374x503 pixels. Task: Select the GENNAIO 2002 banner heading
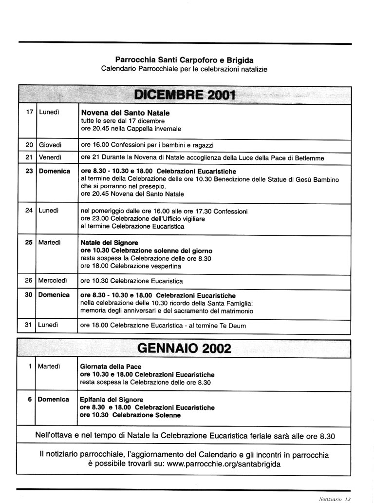pos(185,348)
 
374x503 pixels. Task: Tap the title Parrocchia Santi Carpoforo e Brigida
pos(184,60)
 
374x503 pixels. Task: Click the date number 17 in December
pos(29,112)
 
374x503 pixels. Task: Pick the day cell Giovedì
pos(50,145)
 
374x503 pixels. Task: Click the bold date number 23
pos(29,171)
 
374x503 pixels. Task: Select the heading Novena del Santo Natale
pos(125,113)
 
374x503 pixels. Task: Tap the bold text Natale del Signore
pos(109,242)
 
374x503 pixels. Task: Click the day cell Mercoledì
pos(53,281)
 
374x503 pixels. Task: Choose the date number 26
pos(29,281)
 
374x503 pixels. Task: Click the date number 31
pos(29,325)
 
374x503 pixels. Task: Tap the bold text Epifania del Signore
pos(112,400)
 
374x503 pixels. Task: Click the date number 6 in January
pos(30,399)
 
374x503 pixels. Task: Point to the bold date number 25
pos(29,242)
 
